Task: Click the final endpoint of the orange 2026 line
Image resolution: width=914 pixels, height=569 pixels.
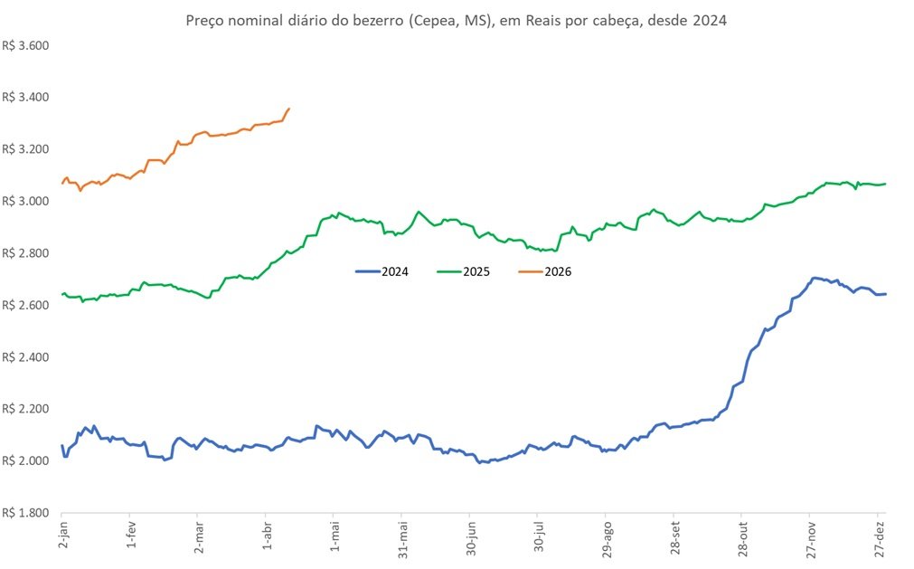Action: pyautogui.click(x=288, y=109)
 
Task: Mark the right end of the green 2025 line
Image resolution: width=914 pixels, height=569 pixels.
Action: pyautogui.click(x=885, y=184)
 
